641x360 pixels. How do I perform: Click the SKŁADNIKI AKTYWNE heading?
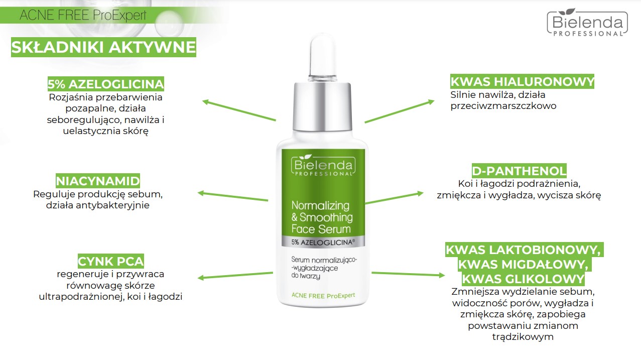103,47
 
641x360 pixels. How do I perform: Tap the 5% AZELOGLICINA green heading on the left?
105,84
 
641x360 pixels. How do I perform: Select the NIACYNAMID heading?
98,181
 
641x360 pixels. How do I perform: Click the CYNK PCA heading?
111,261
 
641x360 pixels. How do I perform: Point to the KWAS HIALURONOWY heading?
522,81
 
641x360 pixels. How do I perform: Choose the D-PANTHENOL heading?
519,171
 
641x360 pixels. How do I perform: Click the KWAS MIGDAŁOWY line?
523,264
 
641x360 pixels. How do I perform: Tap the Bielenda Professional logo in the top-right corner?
587,23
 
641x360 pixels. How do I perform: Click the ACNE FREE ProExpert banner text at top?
83,15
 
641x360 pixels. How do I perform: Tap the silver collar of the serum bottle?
322,107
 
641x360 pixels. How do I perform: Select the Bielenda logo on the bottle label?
323,165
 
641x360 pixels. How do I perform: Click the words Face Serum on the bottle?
321,229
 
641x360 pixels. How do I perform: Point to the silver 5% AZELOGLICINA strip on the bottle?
323,242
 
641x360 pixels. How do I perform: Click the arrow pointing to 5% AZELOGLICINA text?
239,110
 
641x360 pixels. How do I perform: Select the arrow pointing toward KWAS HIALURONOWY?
400,111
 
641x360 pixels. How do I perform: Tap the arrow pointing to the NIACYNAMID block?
233,195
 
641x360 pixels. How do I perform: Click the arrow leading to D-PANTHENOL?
395,198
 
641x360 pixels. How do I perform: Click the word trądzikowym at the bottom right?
523,337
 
